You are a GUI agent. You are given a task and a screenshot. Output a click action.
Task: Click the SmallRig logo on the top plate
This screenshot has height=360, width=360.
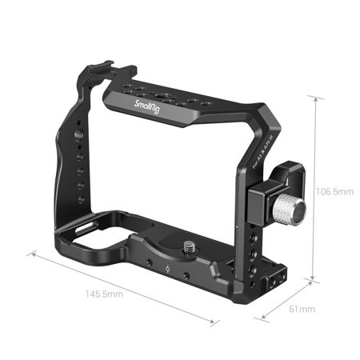pos(150,103)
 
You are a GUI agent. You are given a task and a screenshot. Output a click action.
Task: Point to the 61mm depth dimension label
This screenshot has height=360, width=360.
pos(301,310)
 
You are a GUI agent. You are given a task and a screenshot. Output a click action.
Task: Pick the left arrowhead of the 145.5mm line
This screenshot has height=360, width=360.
pos(33,254)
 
